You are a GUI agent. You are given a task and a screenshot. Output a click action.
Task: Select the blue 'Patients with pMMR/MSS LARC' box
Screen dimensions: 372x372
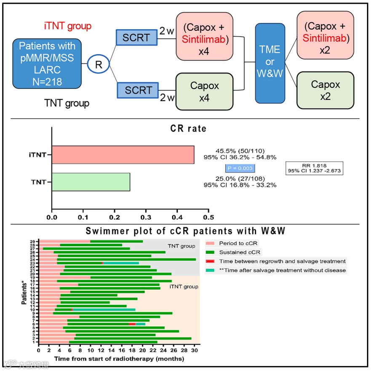click(x=47, y=63)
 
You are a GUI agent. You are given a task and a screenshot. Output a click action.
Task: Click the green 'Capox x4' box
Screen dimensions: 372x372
click(x=204, y=91)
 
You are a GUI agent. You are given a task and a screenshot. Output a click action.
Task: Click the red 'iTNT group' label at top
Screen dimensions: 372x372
click(x=68, y=26)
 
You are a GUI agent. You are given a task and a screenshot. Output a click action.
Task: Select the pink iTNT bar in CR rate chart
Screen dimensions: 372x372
click(x=123, y=154)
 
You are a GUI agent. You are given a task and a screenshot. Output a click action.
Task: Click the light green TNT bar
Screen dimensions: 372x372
click(x=91, y=182)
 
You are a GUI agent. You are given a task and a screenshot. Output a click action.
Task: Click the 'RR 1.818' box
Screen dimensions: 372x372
click(x=314, y=168)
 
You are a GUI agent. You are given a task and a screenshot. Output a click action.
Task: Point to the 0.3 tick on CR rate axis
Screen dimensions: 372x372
click(x=146, y=218)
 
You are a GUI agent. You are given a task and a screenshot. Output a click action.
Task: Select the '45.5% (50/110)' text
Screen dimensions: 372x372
click(x=240, y=150)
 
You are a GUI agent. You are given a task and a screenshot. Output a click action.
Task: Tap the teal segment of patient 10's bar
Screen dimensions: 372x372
click(x=104, y=309)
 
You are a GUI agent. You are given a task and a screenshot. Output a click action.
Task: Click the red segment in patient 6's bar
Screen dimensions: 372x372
click(x=132, y=324)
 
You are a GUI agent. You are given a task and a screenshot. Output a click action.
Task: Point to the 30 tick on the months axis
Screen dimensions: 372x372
click(x=194, y=350)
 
